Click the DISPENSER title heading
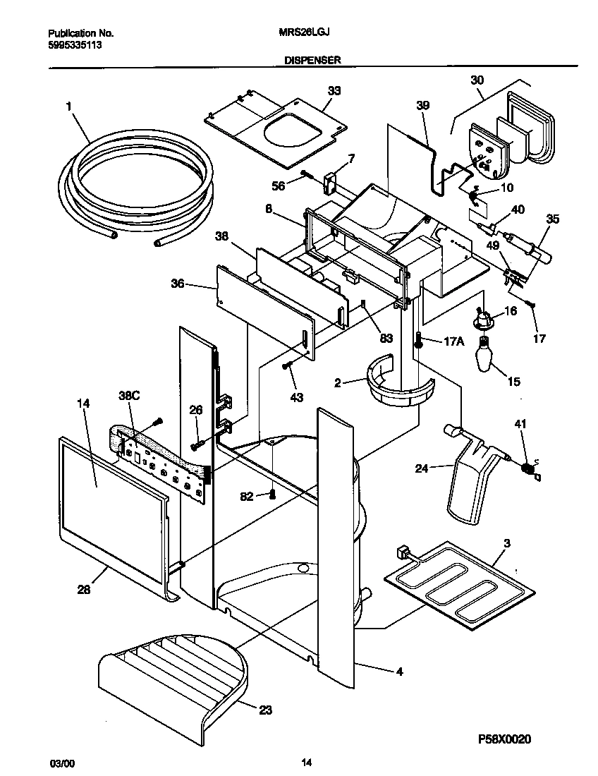[x=312, y=61]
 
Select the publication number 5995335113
[x=74, y=44]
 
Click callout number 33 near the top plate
[x=334, y=90]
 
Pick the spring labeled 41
[x=527, y=466]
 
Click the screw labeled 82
[x=271, y=495]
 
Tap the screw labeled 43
[x=287, y=365]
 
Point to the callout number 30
[x=477, y=80]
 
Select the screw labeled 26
[x=197, y=444]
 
